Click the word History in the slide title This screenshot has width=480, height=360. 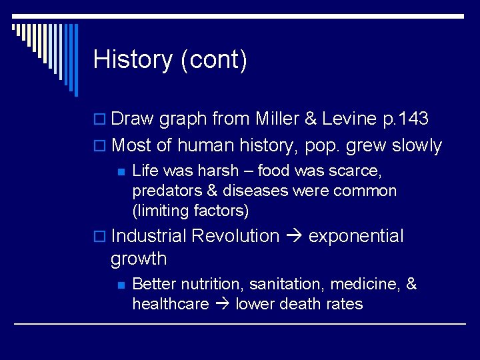133,60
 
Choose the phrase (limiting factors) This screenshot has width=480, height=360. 191,211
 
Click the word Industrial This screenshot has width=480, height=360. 151,236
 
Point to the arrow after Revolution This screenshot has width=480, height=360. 294,237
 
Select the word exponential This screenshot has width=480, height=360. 356,236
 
